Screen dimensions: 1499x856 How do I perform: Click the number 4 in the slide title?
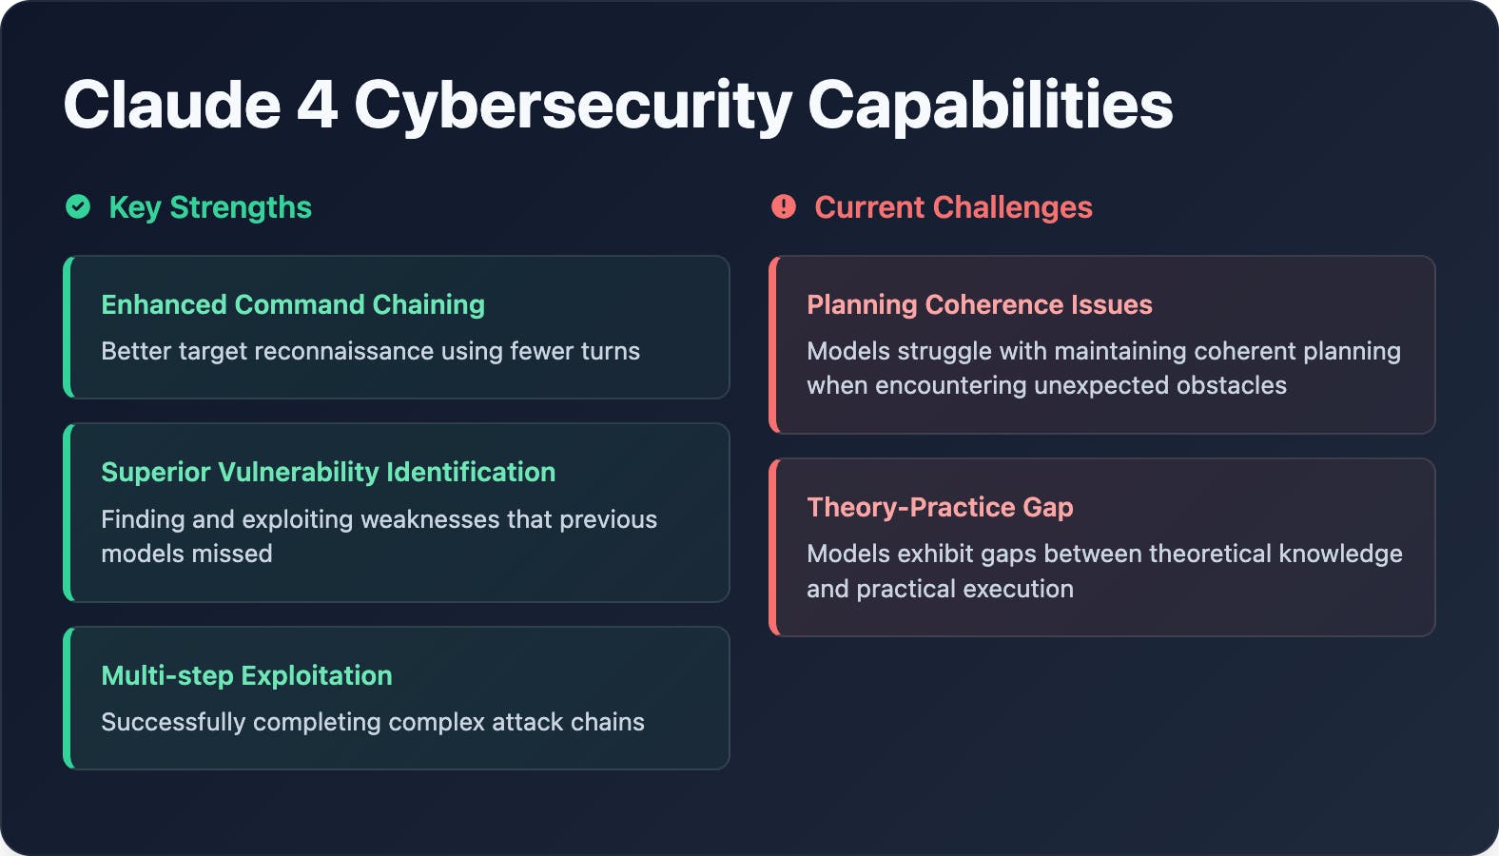coord(317,105)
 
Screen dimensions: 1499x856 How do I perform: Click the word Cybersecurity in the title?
coord(573,107)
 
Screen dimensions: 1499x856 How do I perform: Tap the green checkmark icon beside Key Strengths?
coord(78,206)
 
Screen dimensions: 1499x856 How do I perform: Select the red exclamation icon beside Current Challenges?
coord(784,206)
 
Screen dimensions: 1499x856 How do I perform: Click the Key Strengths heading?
coord(210,207)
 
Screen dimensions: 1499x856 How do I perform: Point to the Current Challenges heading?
coord(954,207)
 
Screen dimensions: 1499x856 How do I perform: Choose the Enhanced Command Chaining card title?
coord(293,305)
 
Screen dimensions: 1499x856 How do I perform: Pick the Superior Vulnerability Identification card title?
coord(328,473)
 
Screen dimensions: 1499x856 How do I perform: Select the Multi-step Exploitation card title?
coord(247,676)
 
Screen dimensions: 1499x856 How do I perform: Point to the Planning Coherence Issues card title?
coord(980,305)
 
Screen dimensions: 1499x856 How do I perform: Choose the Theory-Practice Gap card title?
coord(941,508)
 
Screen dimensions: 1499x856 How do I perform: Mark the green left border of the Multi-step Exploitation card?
coord(68,698)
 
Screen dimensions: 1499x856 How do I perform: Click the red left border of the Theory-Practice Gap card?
coord(773,548)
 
